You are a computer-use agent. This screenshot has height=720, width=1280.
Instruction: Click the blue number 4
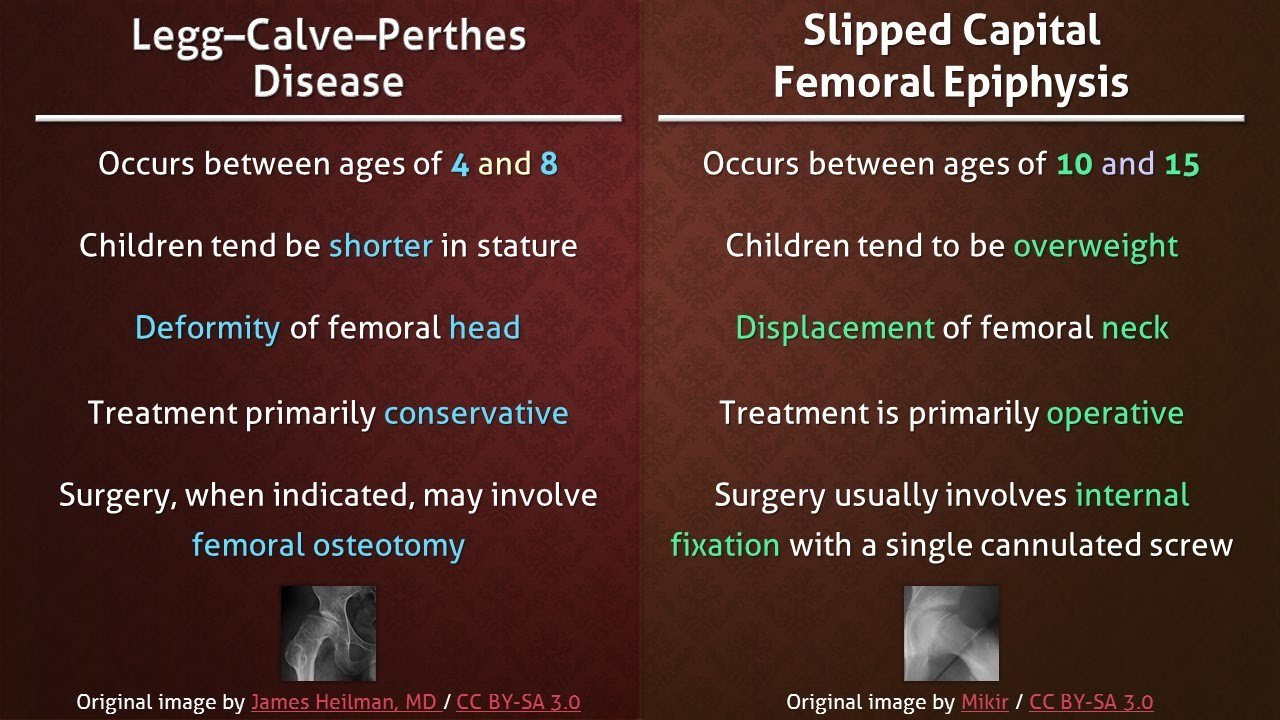[x=459, y=164]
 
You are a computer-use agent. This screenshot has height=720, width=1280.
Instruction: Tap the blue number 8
[x=548, y=164]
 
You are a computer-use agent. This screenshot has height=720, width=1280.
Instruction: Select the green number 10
[x=1074, y=164]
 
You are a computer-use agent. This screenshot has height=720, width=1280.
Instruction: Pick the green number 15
[x=1181, y=164]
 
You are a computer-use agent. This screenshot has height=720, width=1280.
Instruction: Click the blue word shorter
[x=381, y=246]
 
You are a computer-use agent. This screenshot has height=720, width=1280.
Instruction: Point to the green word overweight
[x=1096, y=246]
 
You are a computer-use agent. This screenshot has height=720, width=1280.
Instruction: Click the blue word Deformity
[x=207, y=328]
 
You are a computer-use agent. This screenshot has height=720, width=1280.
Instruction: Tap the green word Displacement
[x=835, y=328]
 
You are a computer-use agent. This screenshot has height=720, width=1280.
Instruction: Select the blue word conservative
[x=476, y=412]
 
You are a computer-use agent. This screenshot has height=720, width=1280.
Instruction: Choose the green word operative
[x=1115, y=412]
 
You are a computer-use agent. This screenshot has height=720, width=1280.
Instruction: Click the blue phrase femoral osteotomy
[x=328, y=545]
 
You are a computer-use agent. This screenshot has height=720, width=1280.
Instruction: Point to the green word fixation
[x=725, y=545]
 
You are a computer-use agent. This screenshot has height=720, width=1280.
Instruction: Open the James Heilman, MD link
[x=343, y=702]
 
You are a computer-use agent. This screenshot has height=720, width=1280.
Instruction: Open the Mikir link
[x=984, y=702]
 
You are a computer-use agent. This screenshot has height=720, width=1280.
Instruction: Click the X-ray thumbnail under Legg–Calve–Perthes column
[x=328, y=633]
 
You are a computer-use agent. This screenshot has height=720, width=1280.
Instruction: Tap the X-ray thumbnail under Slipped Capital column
[x=951, y=633]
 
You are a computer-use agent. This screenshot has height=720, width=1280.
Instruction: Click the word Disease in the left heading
[x=328, y=82]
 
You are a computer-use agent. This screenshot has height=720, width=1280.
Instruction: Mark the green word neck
[x=1135, y=328]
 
